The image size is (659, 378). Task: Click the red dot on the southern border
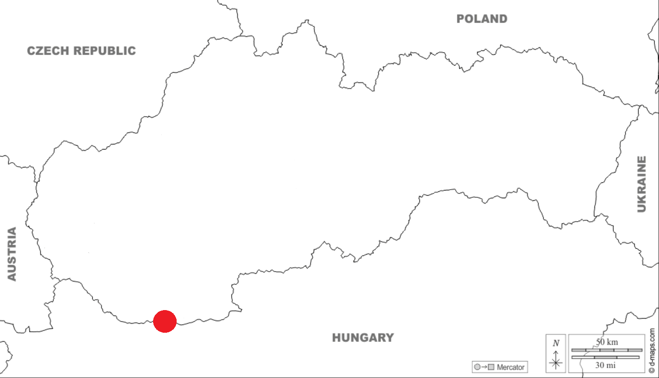(165, 321)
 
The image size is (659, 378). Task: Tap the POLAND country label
(482, 19)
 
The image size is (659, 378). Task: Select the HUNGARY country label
(363, 337)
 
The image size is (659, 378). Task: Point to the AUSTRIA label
(12, 254)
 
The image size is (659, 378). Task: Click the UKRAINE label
(641, 184)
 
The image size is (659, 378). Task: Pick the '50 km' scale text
(607, 342)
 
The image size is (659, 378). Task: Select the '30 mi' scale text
(606, 365)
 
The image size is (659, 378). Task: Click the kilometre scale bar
(606, 350)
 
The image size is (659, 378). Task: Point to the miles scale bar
(605, 357)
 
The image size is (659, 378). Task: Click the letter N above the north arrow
(556, 343)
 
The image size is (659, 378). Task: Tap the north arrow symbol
(556, 360)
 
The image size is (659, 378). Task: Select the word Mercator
(510, 367)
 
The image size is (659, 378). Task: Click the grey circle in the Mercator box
(477, 367)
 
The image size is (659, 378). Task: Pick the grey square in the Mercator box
(491, 367)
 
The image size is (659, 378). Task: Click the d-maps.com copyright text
(652, 350)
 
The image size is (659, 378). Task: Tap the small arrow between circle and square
(484, 367)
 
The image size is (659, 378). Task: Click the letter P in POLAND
(461, 19)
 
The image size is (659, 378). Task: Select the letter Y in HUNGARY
(389, 337)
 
